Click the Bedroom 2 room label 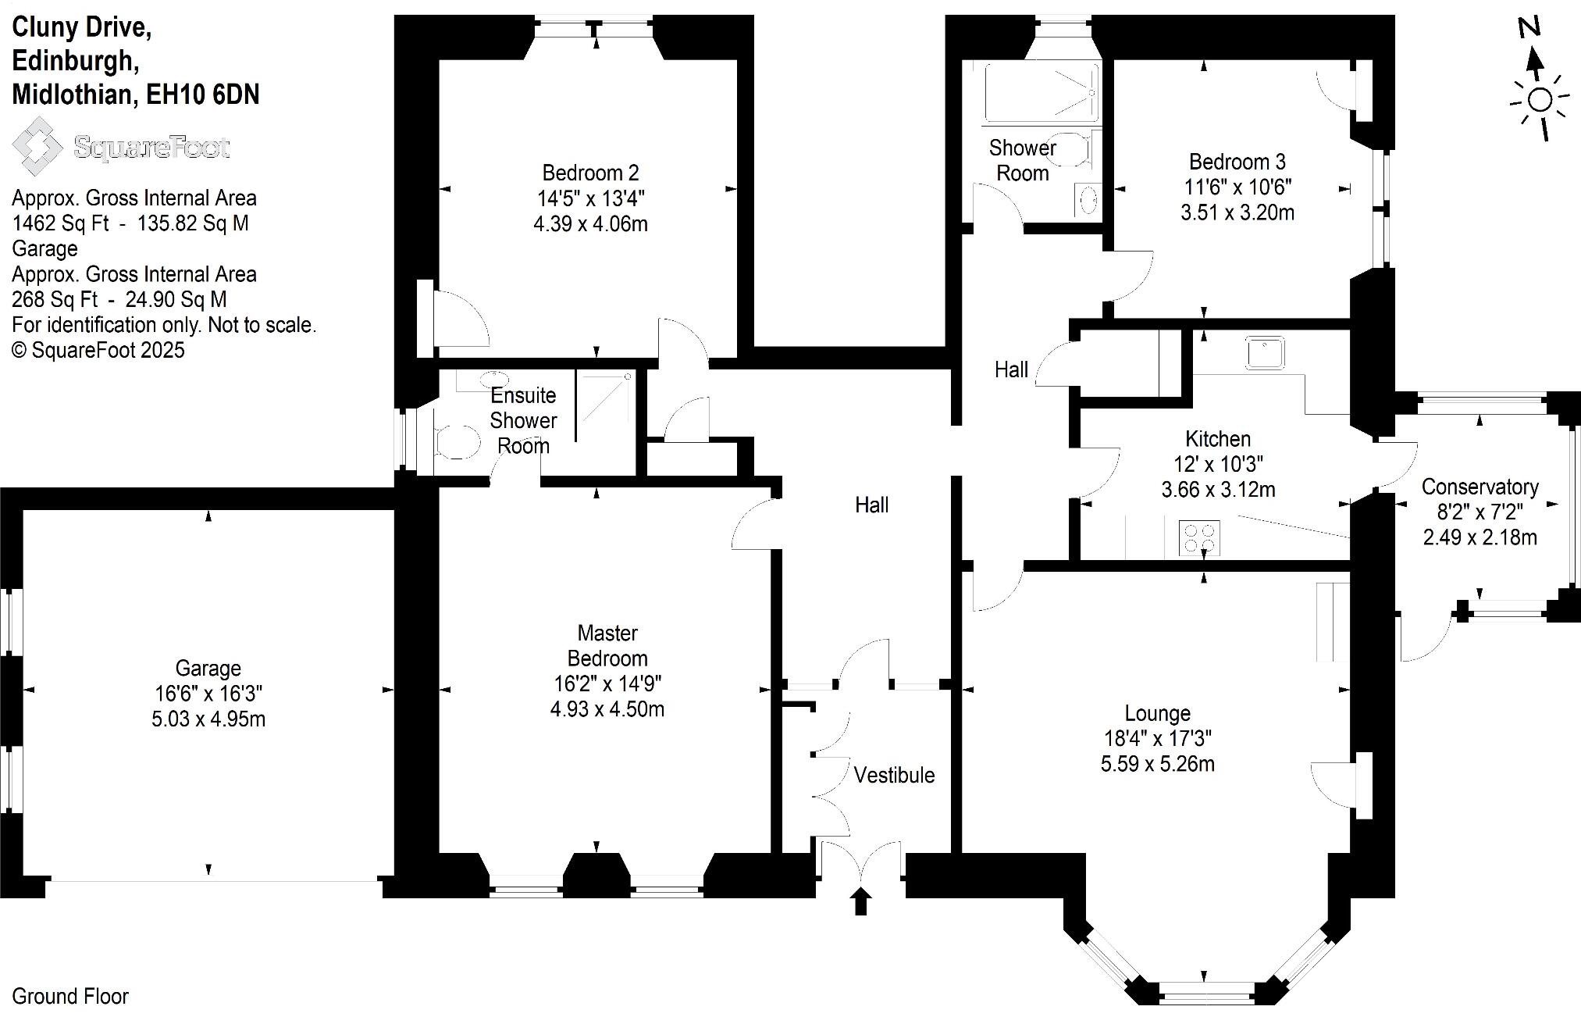click(590, 173)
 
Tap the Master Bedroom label click(607, 645)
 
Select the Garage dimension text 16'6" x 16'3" click(208, 694)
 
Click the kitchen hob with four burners click(1198, 537)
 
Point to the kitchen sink click(1264, 353)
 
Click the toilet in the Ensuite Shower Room click(457, 442)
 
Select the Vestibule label click(894, 776)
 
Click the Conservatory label click(1480, 487)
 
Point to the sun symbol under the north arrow click(1540, 101)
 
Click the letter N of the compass click(1529, 28)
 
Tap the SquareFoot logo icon click(37, 146)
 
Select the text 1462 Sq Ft click(60, 223)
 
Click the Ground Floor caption click(70, 997)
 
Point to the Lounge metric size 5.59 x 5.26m click(1157, 764)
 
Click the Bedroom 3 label click(1237, 162)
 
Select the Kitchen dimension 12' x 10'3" click(1218, 465)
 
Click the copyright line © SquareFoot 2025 click(98, 350)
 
